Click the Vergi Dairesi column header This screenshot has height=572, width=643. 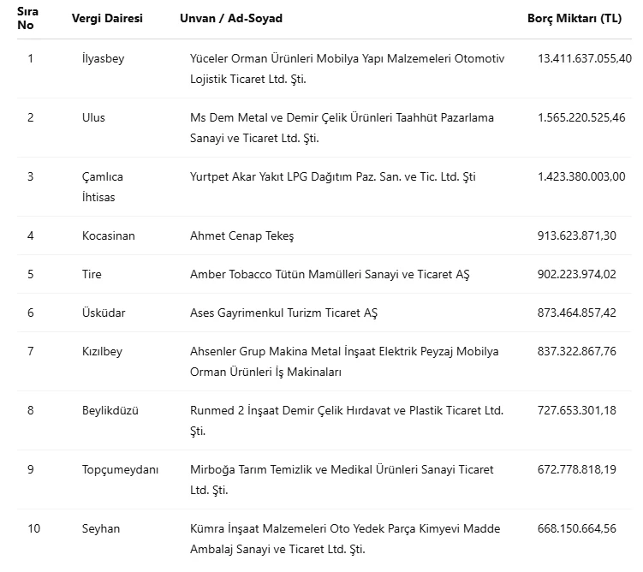pyautogui.click(x=107, y=18)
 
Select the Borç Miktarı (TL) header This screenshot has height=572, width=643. pyautogui.click(x=575, y=18)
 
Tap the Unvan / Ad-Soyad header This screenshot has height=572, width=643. pyautogui.click(x=231, y=18)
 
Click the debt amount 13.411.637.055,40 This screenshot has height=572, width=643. pyautogui.click(x=585, y=58)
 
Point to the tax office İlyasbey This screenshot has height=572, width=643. pyautogui.click(x=103, y=58)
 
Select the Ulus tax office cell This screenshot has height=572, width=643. pyautogui.click(x=93, y=117)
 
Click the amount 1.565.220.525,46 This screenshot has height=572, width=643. pyautogui.click(x=581, y=117)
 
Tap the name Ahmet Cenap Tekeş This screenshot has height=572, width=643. pyautogui.click(x=241, y=235)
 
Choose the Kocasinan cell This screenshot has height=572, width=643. pyautogui.click(x=109, y=235)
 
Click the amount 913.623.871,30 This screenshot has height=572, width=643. pyautogui.click(x=577, y=235)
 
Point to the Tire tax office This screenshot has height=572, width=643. pyautogui.click(x=92, y=274)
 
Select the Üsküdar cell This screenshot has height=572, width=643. pyautogui.click(x=104, y=313)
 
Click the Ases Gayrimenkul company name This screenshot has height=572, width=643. pyautogui.click(x=283, y=313)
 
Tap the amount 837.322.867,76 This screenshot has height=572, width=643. pyautogui.click(x=577, y=351)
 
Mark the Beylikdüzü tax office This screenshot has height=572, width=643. pyautogui.click(x=110, y=410)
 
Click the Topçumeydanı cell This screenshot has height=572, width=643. pyautogui.click(x=120, y=469)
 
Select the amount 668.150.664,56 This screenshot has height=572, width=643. pyautogui.click(x=577, y=528)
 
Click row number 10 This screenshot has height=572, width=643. pyautogui.click(x=33, y=528)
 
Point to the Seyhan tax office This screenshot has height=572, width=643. pyautogui.click(x=101, y=528)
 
